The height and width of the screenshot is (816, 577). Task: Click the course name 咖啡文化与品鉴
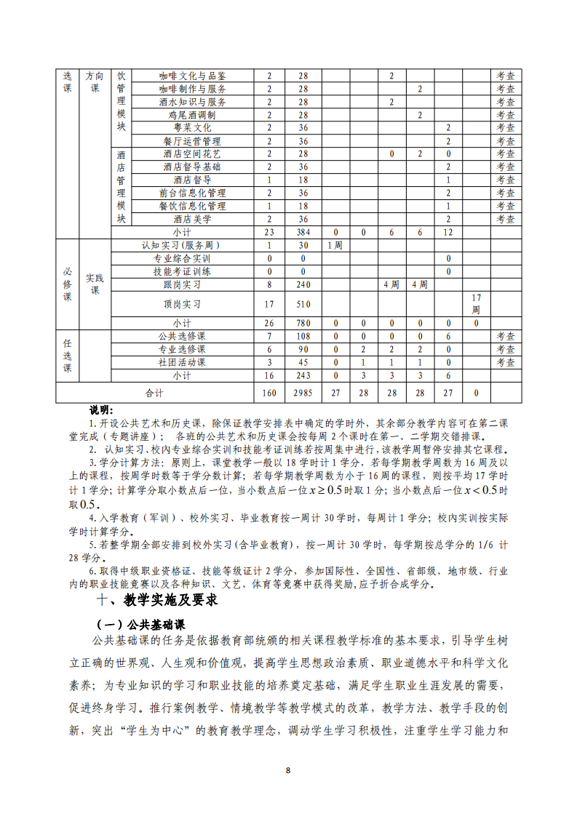pos(192,76)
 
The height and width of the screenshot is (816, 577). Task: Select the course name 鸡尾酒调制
pos(192,115)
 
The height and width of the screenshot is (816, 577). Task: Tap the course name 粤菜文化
pos(192,128)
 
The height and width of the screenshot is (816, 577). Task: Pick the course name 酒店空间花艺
pos(192,154)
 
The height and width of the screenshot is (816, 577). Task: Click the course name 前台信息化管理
pos(192,193)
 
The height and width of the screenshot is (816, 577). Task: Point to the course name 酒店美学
pos(192,219)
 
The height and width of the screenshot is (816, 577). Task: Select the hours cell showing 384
pos(303,232)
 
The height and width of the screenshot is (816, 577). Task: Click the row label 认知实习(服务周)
pos(181,245)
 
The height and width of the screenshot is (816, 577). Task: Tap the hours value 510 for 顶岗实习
pos(303,304)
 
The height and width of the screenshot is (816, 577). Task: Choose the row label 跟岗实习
pos(181,284)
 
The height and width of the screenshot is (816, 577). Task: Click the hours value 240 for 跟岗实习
pos(303,284)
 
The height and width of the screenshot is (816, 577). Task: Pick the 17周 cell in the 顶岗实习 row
pos(476,304)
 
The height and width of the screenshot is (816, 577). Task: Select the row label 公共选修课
pos(181,337)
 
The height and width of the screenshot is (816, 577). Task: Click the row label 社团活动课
pos(181,363)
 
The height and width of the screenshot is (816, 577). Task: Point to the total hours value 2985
pos(303,393)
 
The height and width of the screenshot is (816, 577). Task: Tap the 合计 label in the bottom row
pos(154,393)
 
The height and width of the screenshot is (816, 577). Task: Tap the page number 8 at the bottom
pos(288,771)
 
